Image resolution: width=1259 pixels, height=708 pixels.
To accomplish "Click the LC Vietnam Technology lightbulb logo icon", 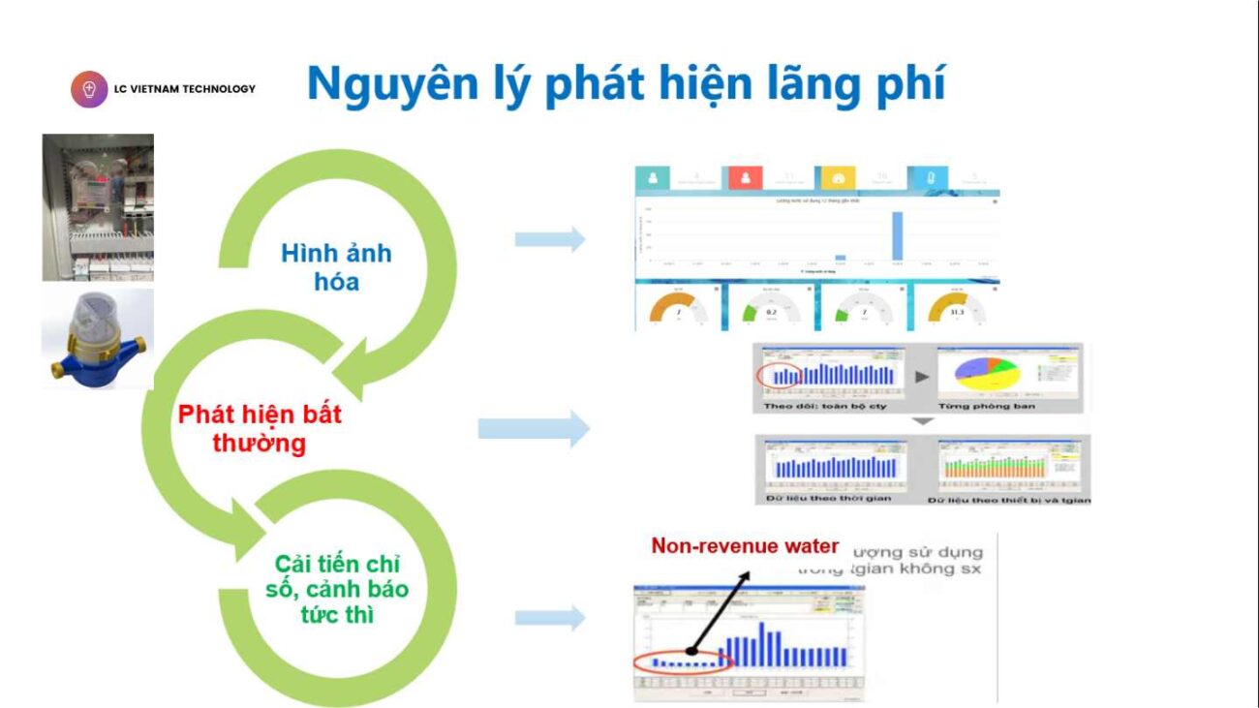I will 89,89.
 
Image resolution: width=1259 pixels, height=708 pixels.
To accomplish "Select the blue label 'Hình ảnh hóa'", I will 336,267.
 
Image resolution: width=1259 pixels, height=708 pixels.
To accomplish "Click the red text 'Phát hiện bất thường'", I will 259,429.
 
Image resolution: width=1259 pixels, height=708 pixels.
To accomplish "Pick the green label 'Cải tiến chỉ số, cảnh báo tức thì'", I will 336,589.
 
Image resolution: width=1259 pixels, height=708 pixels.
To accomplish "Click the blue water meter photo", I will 97,338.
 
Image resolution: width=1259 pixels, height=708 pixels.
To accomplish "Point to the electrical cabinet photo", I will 98,206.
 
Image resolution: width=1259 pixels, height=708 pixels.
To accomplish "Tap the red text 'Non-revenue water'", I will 745,546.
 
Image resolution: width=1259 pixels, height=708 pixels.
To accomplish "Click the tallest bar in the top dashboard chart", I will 897,236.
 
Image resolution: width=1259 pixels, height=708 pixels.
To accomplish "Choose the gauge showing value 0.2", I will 771,309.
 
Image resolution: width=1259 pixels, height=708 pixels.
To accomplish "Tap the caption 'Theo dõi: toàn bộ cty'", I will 825,406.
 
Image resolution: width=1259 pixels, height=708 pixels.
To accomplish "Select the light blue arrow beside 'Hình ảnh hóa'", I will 550,239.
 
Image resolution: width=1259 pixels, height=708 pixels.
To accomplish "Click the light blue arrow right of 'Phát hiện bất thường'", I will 535,428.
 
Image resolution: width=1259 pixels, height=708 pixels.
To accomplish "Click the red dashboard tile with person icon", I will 746,178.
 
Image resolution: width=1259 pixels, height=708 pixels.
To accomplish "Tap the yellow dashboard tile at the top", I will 838,178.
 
